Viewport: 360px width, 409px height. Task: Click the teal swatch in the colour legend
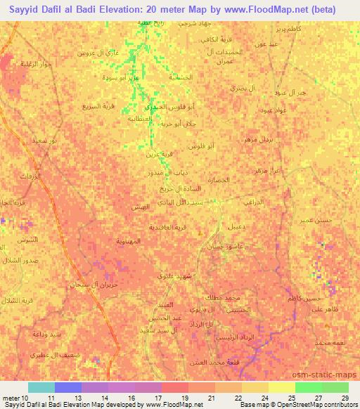pyautogui.click(x=41, y=387)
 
